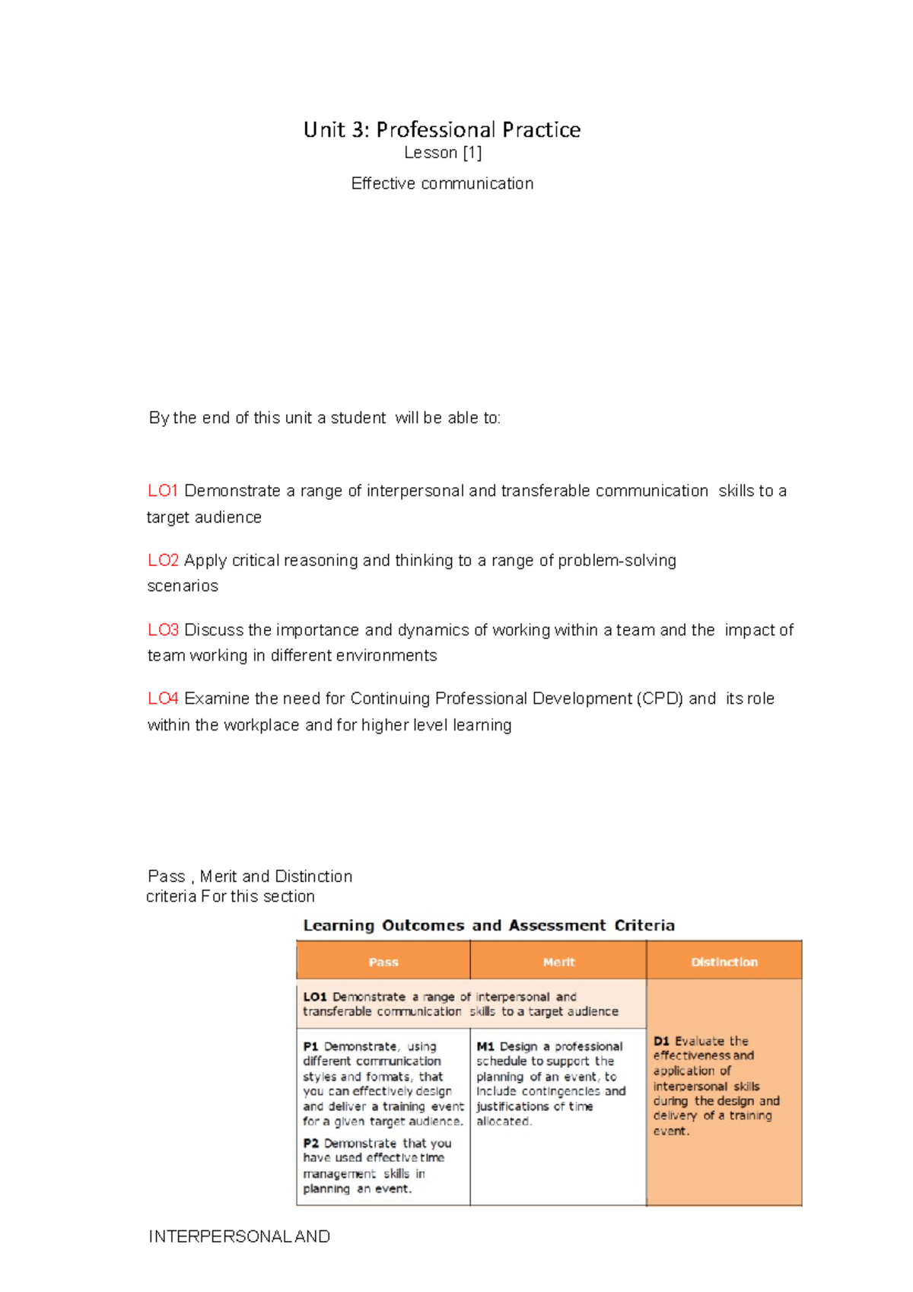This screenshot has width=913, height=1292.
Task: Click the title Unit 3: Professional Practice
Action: click(x=441, y=130)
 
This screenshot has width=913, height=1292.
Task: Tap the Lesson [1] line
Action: click(x=443, y=153)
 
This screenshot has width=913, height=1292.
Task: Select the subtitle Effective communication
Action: click(x=442, y=183)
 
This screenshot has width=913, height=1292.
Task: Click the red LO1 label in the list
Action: click(x=162, y=492)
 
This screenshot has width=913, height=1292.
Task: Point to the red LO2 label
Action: click(x=163, y=561)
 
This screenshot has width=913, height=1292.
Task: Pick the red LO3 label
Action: click(x=163, y=630)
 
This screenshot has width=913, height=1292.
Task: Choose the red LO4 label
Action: click(x=163, y=699)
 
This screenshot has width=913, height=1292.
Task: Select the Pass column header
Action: click(x=383, y=962)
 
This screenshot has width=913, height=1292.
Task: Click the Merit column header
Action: click(x=558, y=962)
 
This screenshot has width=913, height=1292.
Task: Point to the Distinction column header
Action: click(x=724, y=962)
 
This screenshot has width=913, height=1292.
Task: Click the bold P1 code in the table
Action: click(x=310, y=1047)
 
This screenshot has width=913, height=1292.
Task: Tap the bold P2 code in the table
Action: click(x=310, y=1144)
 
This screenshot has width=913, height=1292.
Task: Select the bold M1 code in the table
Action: click(x=485, y=1047)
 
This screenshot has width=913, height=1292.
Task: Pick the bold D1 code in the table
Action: click(x=661, y=1041)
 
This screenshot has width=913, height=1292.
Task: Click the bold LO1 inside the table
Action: click(x=314, y=997)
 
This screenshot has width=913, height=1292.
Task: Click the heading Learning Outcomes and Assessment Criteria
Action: click(x=488, y=926)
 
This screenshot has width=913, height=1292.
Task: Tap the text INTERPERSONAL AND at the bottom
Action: click(x=239, y=1236)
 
